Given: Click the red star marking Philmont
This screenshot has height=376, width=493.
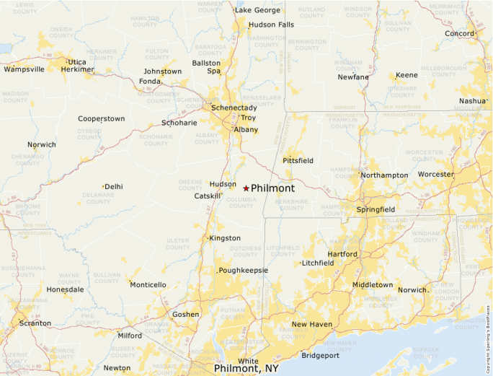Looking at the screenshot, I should (x=246, y=188).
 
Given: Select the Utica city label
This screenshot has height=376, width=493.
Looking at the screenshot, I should (x=77, y=62).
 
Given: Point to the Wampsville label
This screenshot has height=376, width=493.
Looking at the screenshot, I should (x=24, y=69).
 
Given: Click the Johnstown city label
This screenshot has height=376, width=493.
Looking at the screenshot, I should (x=163, y=71).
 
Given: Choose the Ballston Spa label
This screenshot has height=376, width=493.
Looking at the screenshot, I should (x=206, y=67).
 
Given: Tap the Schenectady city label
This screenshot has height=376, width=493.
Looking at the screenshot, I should (x=234, y=108).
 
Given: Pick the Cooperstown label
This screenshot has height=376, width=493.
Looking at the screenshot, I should (x=102, y=118).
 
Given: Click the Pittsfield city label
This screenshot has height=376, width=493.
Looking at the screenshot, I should (x=298, y=160).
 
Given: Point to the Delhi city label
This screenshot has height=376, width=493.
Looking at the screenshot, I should (x=113, y=186).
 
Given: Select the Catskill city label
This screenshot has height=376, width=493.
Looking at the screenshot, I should (x=207, y=196).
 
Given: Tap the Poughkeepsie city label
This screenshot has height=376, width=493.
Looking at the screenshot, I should (x=244, y=270).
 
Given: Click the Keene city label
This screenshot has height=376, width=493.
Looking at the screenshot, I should (x=407, y=75).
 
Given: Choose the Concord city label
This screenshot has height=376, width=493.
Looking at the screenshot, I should (x=459, y=34).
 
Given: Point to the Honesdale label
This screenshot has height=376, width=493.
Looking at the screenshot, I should (x=65, y=289).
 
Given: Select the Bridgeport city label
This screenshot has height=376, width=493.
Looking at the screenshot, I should (x=320, y=355).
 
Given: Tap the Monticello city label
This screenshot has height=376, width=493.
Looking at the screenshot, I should (x=148, y=284).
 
